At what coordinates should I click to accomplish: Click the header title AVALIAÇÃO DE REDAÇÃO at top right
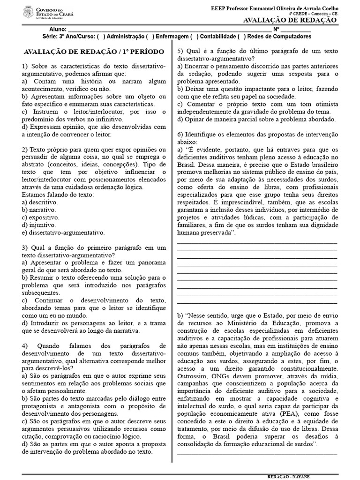click(x=291, y=20)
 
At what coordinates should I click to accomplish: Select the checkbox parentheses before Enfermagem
click(x=150, y=37)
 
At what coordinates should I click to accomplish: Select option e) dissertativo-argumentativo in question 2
click(x=63, y=232)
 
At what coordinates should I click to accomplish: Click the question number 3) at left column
click(x=25, y=247)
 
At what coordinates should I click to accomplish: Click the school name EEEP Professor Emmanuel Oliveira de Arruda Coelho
click(x=275, y=8)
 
